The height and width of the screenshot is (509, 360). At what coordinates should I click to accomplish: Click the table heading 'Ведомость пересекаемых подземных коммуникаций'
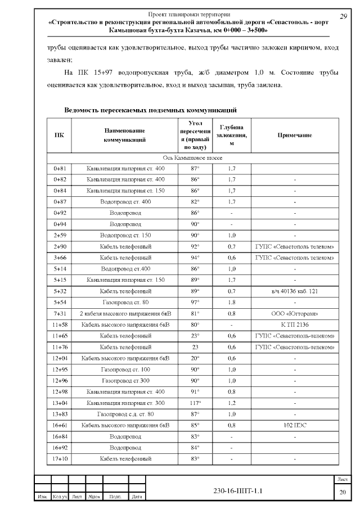[x=150, y=110]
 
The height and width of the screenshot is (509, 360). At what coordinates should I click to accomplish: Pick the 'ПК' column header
[x=59, y=136]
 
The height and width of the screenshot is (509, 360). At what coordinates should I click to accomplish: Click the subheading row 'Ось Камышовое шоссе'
[x=193, y=159]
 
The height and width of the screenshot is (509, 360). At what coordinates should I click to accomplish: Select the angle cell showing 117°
[x=195, y=403]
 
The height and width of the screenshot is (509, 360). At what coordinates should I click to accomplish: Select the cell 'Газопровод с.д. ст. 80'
[x=125, y=414]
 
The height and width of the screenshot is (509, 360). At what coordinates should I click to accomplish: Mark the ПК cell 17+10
[x=59, y=459]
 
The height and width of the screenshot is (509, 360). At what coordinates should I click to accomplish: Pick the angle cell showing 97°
[x=195, y=303]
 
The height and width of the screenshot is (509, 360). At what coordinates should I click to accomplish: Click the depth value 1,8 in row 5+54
[x=231, y=303]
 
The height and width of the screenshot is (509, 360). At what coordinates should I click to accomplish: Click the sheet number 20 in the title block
[x=342, y=493]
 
